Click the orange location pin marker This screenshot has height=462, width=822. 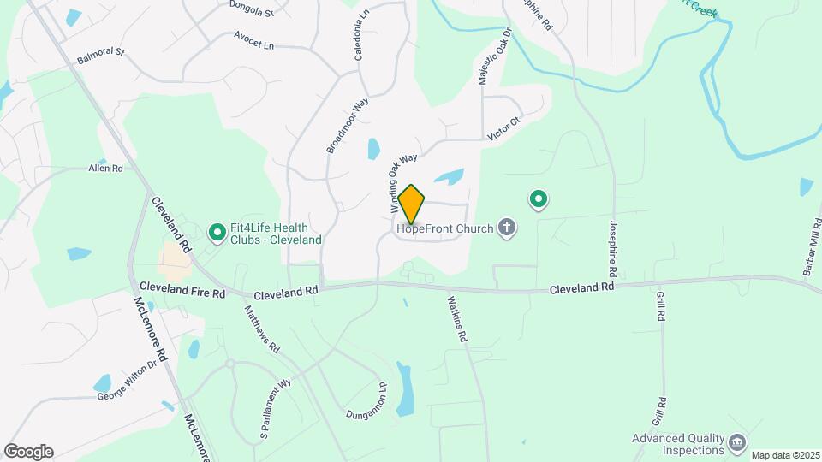[411, 204]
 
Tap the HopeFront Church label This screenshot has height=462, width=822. [444, 228]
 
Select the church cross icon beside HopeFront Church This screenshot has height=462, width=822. [507, 228]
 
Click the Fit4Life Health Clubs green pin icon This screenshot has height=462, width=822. [217, 231]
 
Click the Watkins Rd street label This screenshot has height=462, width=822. [456, 319]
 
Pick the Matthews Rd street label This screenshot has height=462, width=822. [262, 329]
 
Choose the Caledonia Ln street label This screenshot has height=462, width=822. [360, 35]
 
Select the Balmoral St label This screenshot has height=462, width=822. [100, 57]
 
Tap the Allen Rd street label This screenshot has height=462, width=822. [106, 169]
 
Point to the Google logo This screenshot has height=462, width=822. [28, 452]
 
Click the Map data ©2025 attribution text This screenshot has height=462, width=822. [783, 454]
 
